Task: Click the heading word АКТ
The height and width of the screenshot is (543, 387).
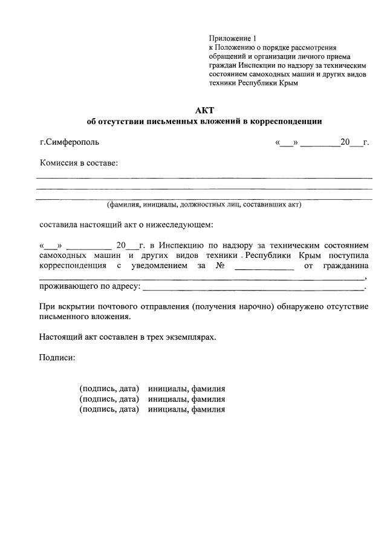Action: tap(203, 110)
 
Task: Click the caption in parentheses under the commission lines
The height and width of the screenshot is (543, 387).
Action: tap(204, 205)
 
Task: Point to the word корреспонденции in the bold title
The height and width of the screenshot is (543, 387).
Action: tap(287, 121)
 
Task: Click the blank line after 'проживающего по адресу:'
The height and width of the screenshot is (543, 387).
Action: tap(254, 287)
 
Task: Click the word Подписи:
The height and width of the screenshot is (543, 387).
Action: tap(57, 358)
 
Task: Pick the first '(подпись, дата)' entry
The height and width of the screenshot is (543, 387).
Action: tap(109, 388)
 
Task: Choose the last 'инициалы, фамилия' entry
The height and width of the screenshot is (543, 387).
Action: tap(187, 410)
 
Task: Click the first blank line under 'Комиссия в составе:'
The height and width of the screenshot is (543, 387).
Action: tap(204, 177)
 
